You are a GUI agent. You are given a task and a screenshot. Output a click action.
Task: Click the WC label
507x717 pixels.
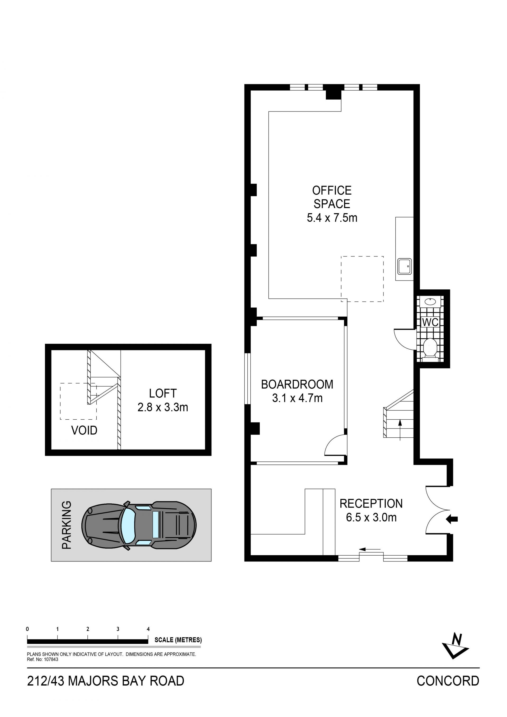click(x=430, y=322)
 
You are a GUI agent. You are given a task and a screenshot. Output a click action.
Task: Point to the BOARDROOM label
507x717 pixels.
click(x=297, y=385)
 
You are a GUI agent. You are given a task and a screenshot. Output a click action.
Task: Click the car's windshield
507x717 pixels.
click(x=128, y=526)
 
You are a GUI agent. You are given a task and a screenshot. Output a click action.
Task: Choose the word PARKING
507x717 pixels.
click(x=67, y=525)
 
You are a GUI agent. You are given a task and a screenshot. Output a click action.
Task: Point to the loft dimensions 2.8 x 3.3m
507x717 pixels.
click(x=163, y=407)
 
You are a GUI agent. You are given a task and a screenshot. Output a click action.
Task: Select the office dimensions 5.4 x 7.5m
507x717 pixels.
click(x=332, y=217)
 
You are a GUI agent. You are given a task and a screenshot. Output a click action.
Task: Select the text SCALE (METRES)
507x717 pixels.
click(x=178, y=640)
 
